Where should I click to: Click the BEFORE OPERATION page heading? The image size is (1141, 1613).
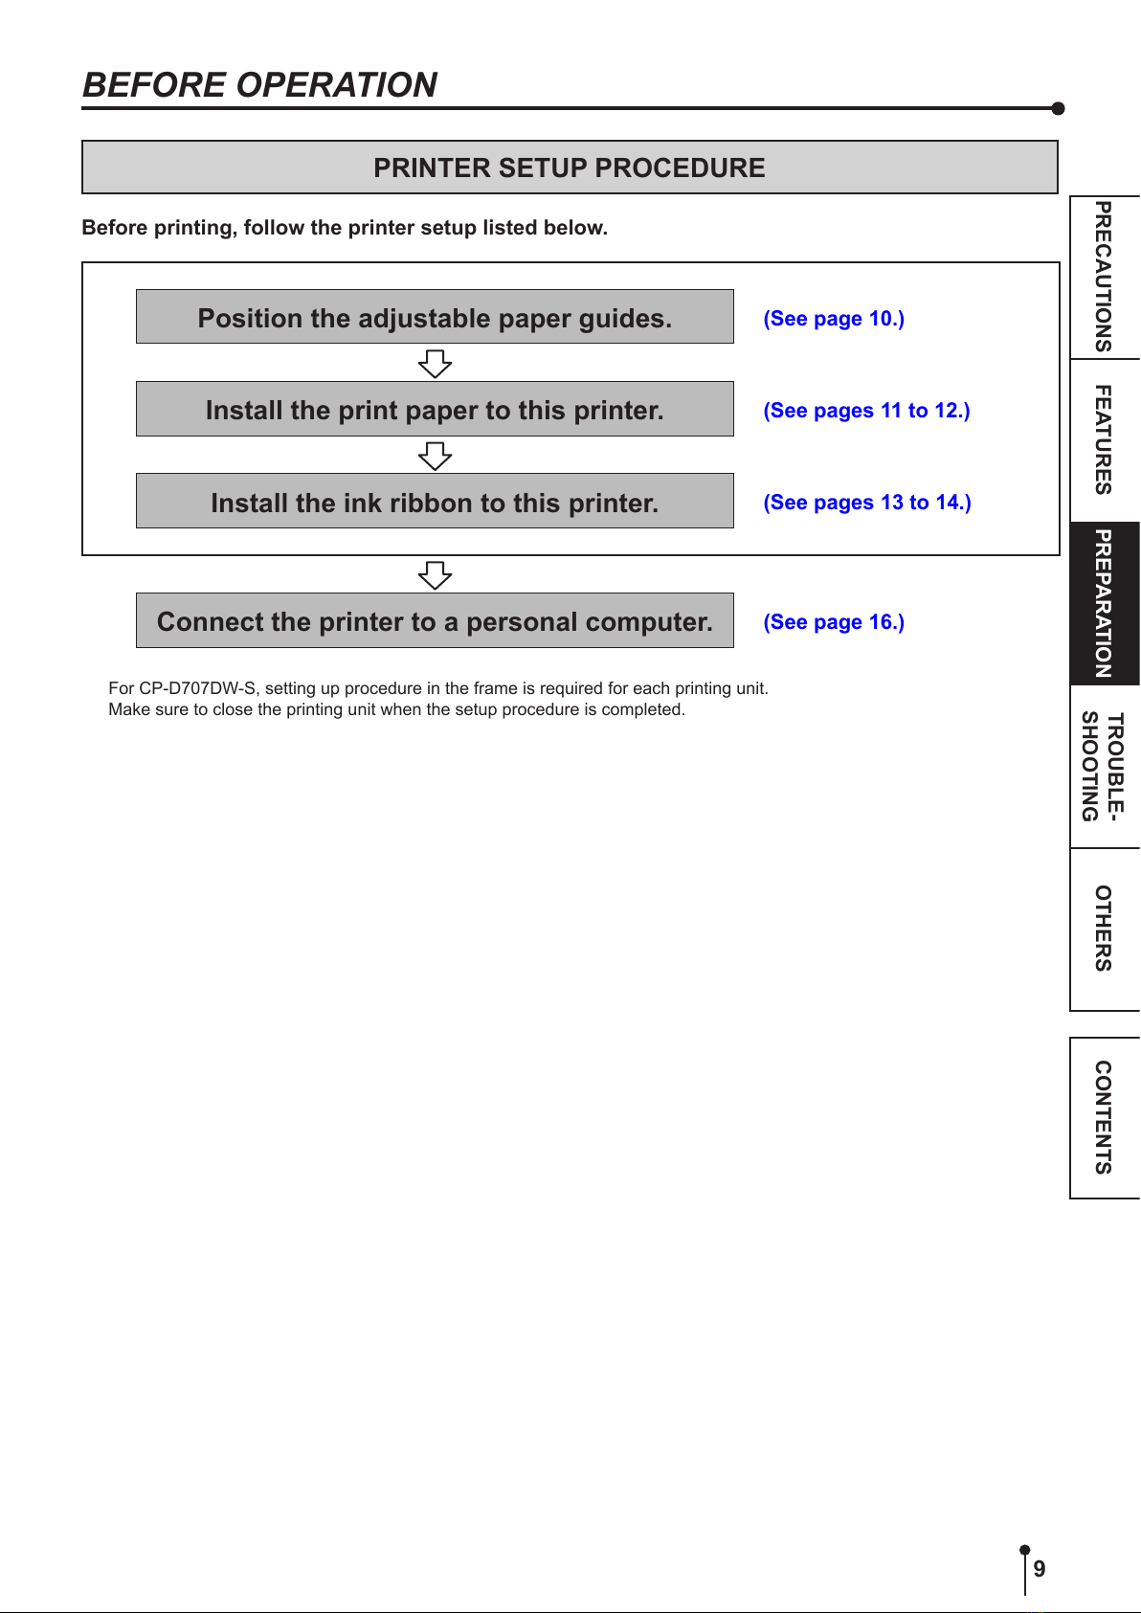[259, 85]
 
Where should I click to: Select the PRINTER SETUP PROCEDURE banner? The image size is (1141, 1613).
[570, 168]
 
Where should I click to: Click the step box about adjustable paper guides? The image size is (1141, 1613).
[435, 317]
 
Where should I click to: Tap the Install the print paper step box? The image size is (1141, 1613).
[435, 409]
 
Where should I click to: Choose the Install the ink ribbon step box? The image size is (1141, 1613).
[435, 502]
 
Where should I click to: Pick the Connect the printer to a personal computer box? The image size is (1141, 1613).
[435, 620]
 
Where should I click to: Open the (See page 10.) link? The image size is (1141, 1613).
[834, 318]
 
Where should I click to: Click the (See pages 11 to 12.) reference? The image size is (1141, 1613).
[866, 411]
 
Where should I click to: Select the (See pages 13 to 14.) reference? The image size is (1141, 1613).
[867, 503]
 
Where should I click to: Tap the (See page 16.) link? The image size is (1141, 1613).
[834, 622]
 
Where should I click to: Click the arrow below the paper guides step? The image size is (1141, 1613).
[435, 364]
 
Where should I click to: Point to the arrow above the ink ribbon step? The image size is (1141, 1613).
[435, 456]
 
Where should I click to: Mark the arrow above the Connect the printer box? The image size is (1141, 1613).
[435, 575]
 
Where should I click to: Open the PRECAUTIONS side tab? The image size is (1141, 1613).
[1105, 278]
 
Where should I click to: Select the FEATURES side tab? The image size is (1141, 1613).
[1105, 440]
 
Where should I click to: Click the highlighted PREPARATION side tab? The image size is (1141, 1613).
[1105, 603]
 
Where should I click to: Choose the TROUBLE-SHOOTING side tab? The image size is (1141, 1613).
[1105, 767]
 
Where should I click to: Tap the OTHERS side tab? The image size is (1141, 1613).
[1105, 929]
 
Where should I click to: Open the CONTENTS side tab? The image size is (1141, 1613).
[1105, 1117]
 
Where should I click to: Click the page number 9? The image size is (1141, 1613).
[1039, 1568]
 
